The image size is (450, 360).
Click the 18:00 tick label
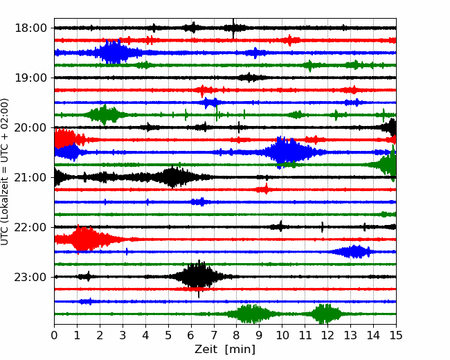30,28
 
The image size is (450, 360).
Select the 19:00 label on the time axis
30,78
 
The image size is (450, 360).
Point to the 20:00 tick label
30,127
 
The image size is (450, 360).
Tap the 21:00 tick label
30,177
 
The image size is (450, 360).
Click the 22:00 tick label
30,227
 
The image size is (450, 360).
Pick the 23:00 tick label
30,277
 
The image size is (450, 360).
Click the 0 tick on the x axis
54,335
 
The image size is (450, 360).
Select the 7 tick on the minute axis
213,335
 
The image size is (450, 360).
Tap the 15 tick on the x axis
396,335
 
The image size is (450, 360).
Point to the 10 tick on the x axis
282,335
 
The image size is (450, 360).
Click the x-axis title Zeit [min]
225,350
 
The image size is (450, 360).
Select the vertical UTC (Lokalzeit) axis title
5,172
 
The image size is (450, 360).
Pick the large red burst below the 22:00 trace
83,239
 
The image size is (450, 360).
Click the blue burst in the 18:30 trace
114,53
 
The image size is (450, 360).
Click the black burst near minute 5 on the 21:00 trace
173,177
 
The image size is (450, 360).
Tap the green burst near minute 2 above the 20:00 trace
104,115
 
